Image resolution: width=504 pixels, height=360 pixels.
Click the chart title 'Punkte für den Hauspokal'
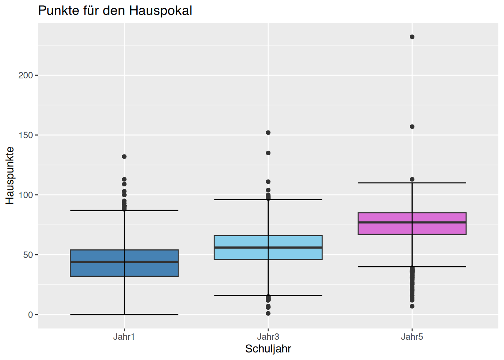[115, 10]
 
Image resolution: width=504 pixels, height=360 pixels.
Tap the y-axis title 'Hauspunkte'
[10, 175]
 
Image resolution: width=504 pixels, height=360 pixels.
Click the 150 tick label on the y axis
[25, 135]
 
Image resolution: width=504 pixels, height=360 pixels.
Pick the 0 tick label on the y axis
[31, 315]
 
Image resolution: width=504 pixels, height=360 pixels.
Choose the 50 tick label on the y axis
[28, 255]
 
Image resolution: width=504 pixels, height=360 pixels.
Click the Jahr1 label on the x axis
[124, 337]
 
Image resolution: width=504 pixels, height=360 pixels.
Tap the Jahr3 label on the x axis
[268, 337]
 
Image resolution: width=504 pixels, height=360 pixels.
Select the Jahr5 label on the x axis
[412, 337]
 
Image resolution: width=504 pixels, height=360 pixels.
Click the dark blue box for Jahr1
[124, 263]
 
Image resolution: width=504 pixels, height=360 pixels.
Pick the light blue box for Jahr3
[268, 247]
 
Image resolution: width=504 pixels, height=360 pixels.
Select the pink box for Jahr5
[412, 223]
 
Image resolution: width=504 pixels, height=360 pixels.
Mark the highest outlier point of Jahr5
[412, 37]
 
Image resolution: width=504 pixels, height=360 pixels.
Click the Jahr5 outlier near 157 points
[412, 127]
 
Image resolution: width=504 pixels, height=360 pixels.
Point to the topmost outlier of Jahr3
[268, 132]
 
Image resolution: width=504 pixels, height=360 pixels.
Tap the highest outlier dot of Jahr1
[124, 157]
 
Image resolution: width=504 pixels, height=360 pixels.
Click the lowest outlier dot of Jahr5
[412, 306]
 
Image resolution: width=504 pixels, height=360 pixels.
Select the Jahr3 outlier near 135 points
[268, 153]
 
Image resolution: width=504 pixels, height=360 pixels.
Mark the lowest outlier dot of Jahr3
[268, 313]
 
